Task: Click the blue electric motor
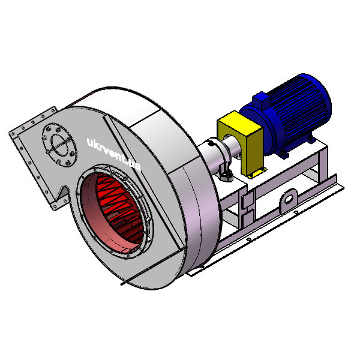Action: (x=287, y=115)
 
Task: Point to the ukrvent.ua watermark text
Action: (x=113, y=154)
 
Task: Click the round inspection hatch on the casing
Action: (x=59, y=145)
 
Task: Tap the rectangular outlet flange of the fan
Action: (x=32, y=158)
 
